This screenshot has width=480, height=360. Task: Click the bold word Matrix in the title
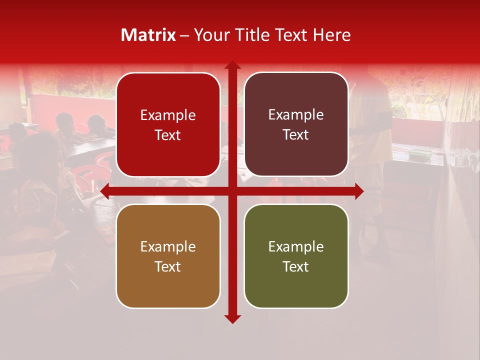click(148, 35)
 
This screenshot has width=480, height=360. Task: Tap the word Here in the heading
click(331, 35)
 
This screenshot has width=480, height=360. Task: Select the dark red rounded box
click(168, 124)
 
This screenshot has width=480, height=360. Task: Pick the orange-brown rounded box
click(168, 256)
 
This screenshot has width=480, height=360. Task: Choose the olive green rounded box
click(296, 256)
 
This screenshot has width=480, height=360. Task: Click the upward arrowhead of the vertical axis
click(232, 65)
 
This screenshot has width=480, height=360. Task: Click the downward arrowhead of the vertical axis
click(232, 318)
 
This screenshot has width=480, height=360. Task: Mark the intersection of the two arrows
click(232, 191)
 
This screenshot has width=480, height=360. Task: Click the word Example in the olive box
click(296, 246)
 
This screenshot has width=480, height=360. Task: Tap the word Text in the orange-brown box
click(168, 266)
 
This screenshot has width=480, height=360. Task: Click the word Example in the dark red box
click(168, 115)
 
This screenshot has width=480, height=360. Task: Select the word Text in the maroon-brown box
click(296, 135)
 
